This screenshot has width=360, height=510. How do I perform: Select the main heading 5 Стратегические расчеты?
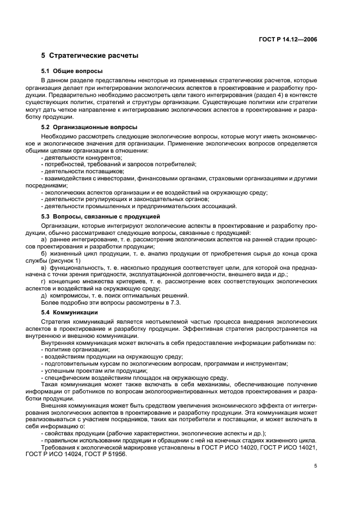point(89,56)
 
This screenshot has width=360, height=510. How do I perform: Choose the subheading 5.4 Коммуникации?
point(69,312)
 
